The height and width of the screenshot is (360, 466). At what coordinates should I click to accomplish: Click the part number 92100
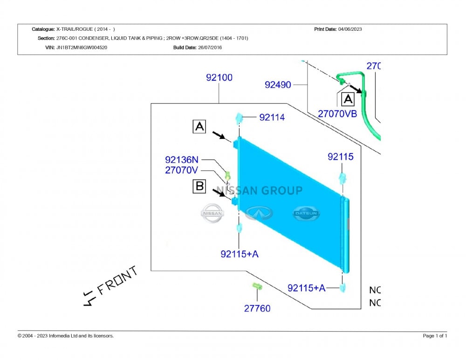[219, 78]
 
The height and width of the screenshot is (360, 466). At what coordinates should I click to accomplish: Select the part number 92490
[278, 85]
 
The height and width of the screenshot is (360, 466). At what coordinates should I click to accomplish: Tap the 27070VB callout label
[337, 114]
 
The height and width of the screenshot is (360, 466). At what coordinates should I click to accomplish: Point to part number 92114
[272, 117]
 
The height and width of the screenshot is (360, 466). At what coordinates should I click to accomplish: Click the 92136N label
[182, 160]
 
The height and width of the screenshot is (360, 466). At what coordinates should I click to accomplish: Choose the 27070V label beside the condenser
[181, 170]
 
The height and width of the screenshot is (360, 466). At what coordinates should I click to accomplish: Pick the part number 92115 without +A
[341, 157]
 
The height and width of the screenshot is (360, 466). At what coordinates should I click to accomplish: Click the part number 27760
[257, 309]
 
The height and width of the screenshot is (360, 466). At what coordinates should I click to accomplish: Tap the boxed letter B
[199, 186]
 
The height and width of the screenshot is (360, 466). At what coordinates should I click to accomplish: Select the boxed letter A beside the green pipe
[348, 99]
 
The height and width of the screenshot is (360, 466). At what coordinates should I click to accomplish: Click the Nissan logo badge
[212, 213]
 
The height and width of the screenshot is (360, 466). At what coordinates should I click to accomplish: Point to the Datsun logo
[306, 213]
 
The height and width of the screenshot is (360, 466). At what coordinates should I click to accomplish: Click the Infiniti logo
[259, 213]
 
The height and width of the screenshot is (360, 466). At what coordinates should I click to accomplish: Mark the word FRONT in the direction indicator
[118, 280]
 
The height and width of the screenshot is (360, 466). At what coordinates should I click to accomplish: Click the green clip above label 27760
[257, 286]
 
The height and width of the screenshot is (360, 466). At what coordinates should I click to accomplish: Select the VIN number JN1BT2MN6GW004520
[82, 47]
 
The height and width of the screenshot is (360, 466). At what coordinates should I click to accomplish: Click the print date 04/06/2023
[350, 29]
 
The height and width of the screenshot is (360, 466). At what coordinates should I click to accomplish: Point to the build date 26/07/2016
[210, 47]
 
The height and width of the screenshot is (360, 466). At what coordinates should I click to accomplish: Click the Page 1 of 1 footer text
[435, 336]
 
